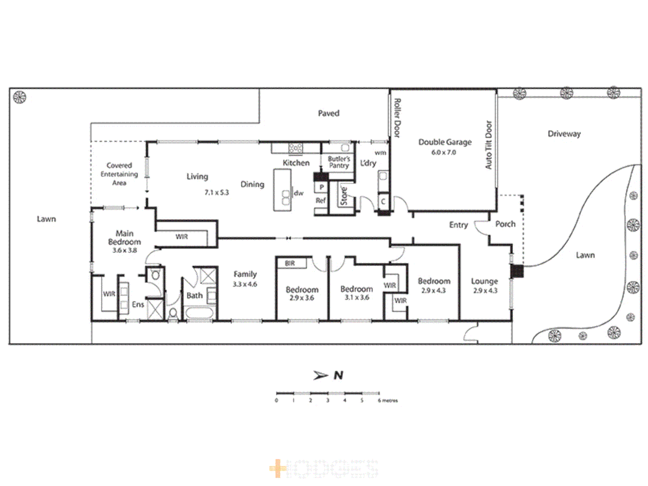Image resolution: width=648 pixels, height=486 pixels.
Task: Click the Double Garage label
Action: point(445,142)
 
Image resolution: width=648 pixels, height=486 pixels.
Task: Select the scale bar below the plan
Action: point(328,393)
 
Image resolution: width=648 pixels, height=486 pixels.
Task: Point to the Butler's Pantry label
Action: point(339,162)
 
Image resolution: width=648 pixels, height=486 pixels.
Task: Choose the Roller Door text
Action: point(397,118)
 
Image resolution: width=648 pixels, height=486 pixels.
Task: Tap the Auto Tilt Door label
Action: point(489,145)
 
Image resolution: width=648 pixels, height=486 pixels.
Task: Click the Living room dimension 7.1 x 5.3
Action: point(216,193)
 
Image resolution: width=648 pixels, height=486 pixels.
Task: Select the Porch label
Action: point(505,224)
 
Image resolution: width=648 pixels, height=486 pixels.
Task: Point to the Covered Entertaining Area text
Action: point(119,174)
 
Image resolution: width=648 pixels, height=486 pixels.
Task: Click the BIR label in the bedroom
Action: point(290,263)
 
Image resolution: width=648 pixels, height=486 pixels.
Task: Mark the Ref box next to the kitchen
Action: point(320,201)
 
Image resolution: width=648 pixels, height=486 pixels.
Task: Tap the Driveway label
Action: point(564,134)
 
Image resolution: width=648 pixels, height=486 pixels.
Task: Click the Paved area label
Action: point(328,113)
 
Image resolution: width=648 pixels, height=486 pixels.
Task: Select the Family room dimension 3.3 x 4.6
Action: point(245,284)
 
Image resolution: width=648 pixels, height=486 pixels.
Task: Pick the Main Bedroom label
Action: point(124,238)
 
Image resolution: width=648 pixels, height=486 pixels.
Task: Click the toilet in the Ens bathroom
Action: point(155,275)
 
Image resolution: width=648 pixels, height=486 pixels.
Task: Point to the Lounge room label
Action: point(484,281)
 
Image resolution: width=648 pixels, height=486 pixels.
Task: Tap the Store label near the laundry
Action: point(344,197)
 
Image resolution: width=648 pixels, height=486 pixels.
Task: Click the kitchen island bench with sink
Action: point(283,190)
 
